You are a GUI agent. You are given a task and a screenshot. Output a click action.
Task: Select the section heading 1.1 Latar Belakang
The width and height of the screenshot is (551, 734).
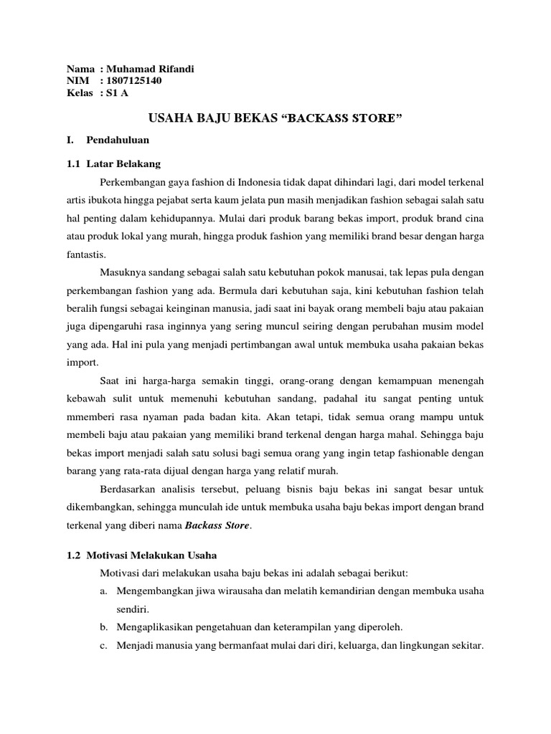[x=113, y=164]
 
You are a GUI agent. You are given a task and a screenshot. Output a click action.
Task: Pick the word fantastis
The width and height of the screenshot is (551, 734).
[x=88, y=254]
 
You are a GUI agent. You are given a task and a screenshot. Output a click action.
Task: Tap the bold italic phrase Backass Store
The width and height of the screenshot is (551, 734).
[x=218, y=525]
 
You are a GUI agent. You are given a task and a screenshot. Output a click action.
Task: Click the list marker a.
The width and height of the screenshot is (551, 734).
[x=104, y=591]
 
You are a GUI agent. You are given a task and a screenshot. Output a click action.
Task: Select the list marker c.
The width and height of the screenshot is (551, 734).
[x=104, y=644]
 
